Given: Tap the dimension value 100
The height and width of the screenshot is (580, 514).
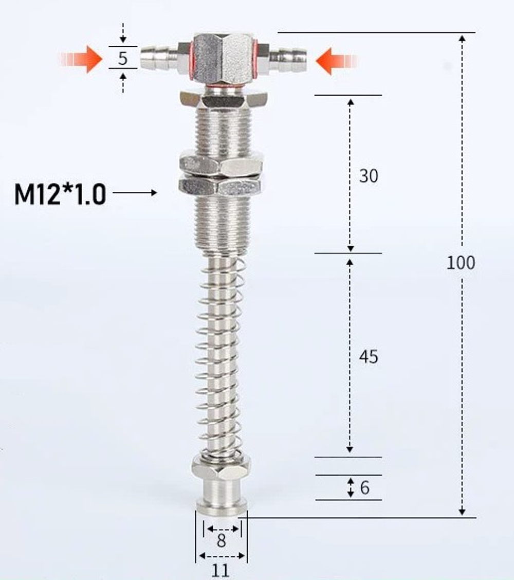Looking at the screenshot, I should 461,263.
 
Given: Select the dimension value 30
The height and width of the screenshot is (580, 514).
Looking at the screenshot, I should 368,176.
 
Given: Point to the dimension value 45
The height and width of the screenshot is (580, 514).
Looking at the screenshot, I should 368,356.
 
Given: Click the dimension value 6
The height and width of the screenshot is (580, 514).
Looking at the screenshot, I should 364,487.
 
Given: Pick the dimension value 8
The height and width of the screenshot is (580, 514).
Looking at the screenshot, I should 221,540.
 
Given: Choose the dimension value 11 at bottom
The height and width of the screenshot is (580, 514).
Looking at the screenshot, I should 221,570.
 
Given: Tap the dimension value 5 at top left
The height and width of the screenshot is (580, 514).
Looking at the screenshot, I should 122,58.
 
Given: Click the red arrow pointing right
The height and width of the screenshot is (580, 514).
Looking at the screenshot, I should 82,59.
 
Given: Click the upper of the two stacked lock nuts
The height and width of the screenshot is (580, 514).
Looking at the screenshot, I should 221,162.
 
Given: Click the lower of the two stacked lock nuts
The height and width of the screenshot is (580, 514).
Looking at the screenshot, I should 221,184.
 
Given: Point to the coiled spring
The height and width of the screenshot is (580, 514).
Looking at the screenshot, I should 221,355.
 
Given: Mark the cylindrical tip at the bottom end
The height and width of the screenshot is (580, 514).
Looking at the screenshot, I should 221,499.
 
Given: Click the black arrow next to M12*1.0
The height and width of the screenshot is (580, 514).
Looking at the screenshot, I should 135,193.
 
